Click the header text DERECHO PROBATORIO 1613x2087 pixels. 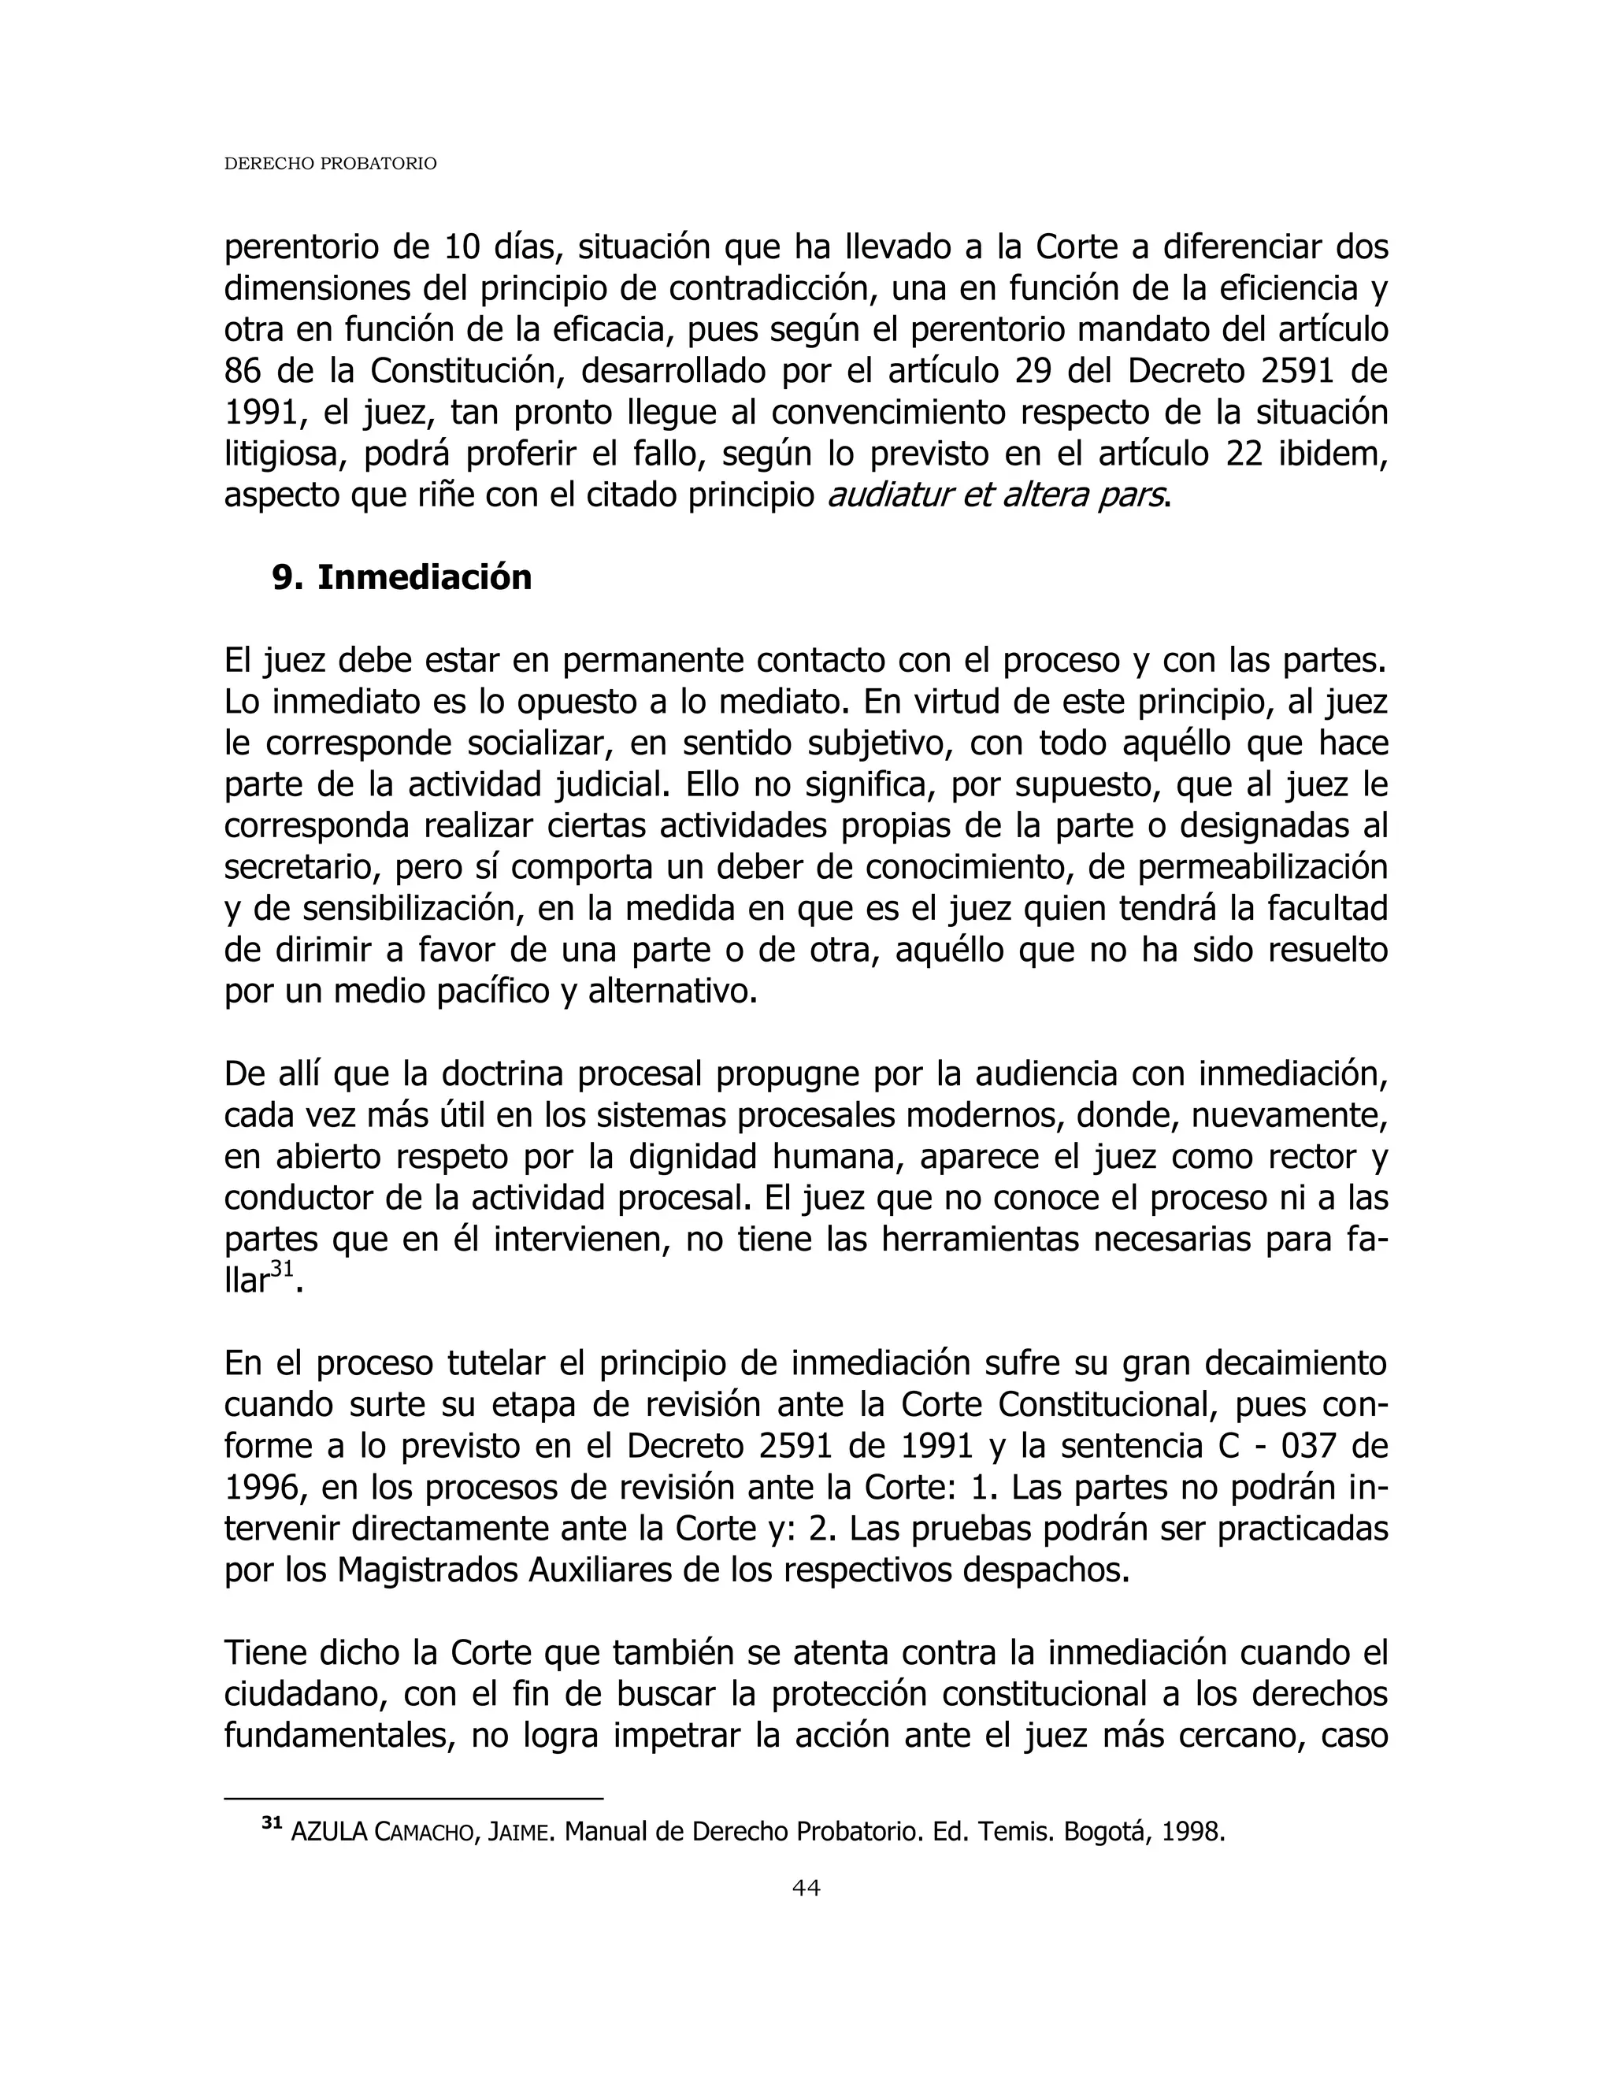click(x=330, y=165)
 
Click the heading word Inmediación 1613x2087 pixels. click(x=425, y=578)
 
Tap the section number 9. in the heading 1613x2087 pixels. click(x=287, y=578)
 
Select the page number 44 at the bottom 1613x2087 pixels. click(x=806, y=1887)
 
